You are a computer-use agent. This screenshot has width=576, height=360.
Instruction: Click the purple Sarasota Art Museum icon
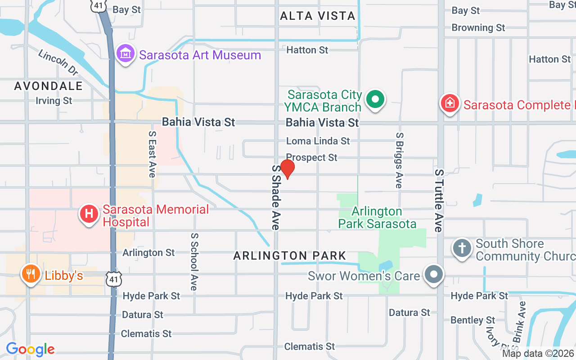[x=126, y=54]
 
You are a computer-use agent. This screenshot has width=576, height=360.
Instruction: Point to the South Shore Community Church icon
[x=462, y=248]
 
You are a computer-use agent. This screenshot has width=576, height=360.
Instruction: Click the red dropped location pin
[x=287, y=169]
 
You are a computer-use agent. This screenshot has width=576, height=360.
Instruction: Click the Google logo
[x=31, y=349]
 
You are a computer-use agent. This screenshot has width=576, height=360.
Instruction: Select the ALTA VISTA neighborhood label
[x=318, y=16]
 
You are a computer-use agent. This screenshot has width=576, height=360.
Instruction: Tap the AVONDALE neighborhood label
[x=49, y=86]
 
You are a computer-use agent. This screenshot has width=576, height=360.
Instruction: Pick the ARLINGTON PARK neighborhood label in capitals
[x=290, y=256]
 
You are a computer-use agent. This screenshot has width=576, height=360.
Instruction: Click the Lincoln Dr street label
[x=58, y=63]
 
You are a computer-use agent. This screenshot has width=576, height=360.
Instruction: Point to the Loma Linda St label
[x=318, y=141]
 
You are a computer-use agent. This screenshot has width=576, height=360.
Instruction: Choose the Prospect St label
[x=311, y=157]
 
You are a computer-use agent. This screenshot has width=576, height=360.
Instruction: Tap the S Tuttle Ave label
[x=439, y=201]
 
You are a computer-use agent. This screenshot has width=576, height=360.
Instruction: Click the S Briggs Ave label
[x=399, y=160]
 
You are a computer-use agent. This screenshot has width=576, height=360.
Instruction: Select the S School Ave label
[x=194, y=261]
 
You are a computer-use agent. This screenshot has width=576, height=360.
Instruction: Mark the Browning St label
[x=478, y=27]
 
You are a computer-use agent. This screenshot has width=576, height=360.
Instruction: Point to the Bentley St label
[x=473, y=320]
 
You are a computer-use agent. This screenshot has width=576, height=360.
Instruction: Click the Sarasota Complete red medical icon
[x=450, y=104]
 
